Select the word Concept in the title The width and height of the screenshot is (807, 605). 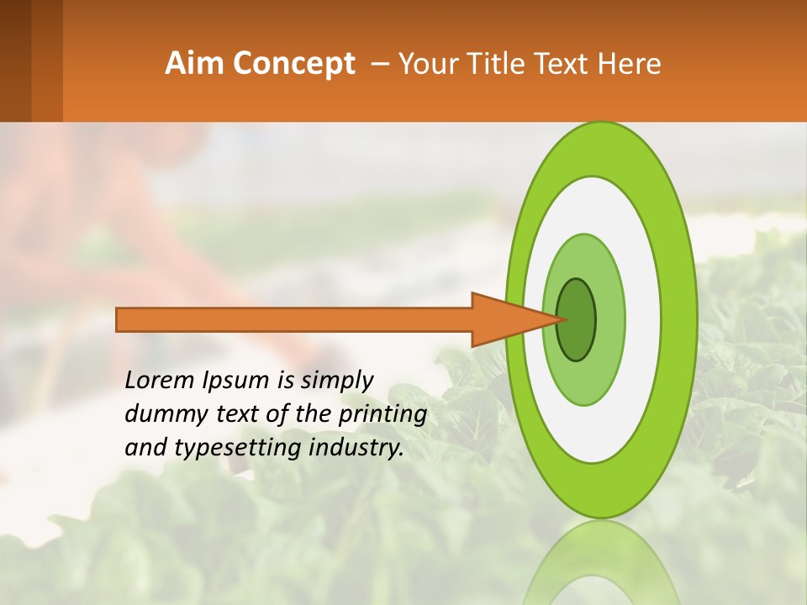[x=294, y=64]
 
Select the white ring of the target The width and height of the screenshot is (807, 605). [x=643, y=319]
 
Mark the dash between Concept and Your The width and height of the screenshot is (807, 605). [x=379, y=64]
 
